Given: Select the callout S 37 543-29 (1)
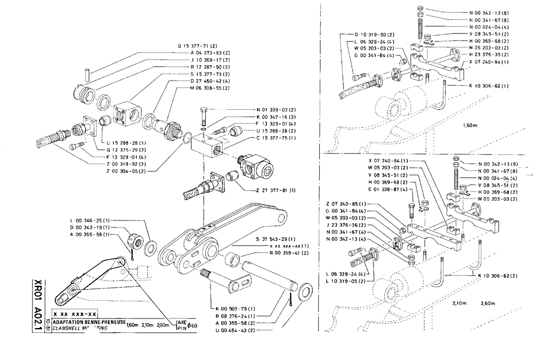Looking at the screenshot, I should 278,239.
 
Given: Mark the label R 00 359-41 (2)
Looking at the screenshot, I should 278,252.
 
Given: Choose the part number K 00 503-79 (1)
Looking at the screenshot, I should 236,309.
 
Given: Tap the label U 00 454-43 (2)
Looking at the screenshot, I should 236,330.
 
